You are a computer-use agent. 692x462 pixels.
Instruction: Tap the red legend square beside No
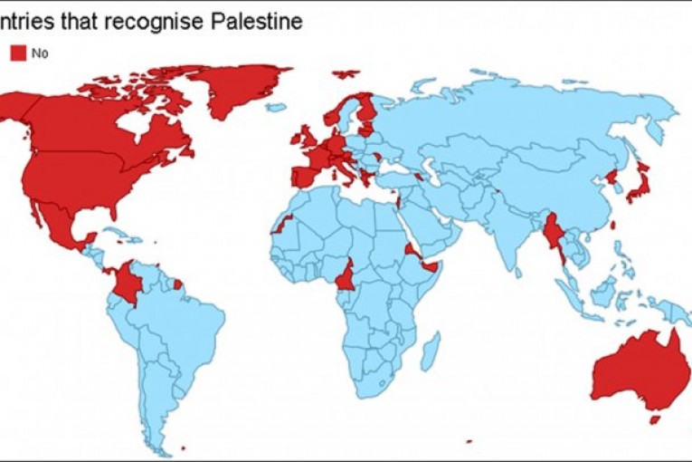(18, 53)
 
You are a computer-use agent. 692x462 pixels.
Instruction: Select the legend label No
(39, 53)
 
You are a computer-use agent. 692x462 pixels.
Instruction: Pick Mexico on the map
(59, 226)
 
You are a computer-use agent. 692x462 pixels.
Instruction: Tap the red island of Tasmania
(654, 419)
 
